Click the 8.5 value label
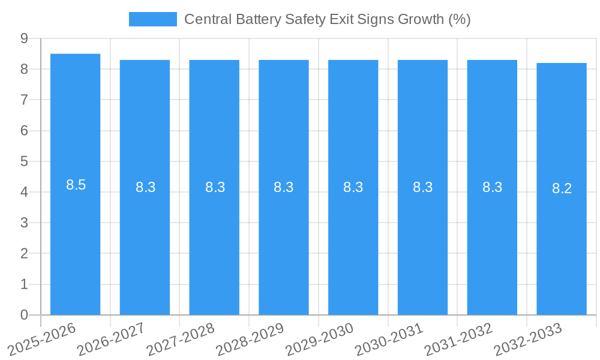tap(76, 185)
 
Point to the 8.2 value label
tap(562, 188)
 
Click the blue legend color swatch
tap(153, 19)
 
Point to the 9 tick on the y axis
tap(24, 38)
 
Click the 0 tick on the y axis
tap(24, 315)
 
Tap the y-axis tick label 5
tap(24, 161)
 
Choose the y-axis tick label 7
tap(24, 100)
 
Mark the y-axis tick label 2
tap(24, 254)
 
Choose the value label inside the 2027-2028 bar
tap(215, 187)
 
